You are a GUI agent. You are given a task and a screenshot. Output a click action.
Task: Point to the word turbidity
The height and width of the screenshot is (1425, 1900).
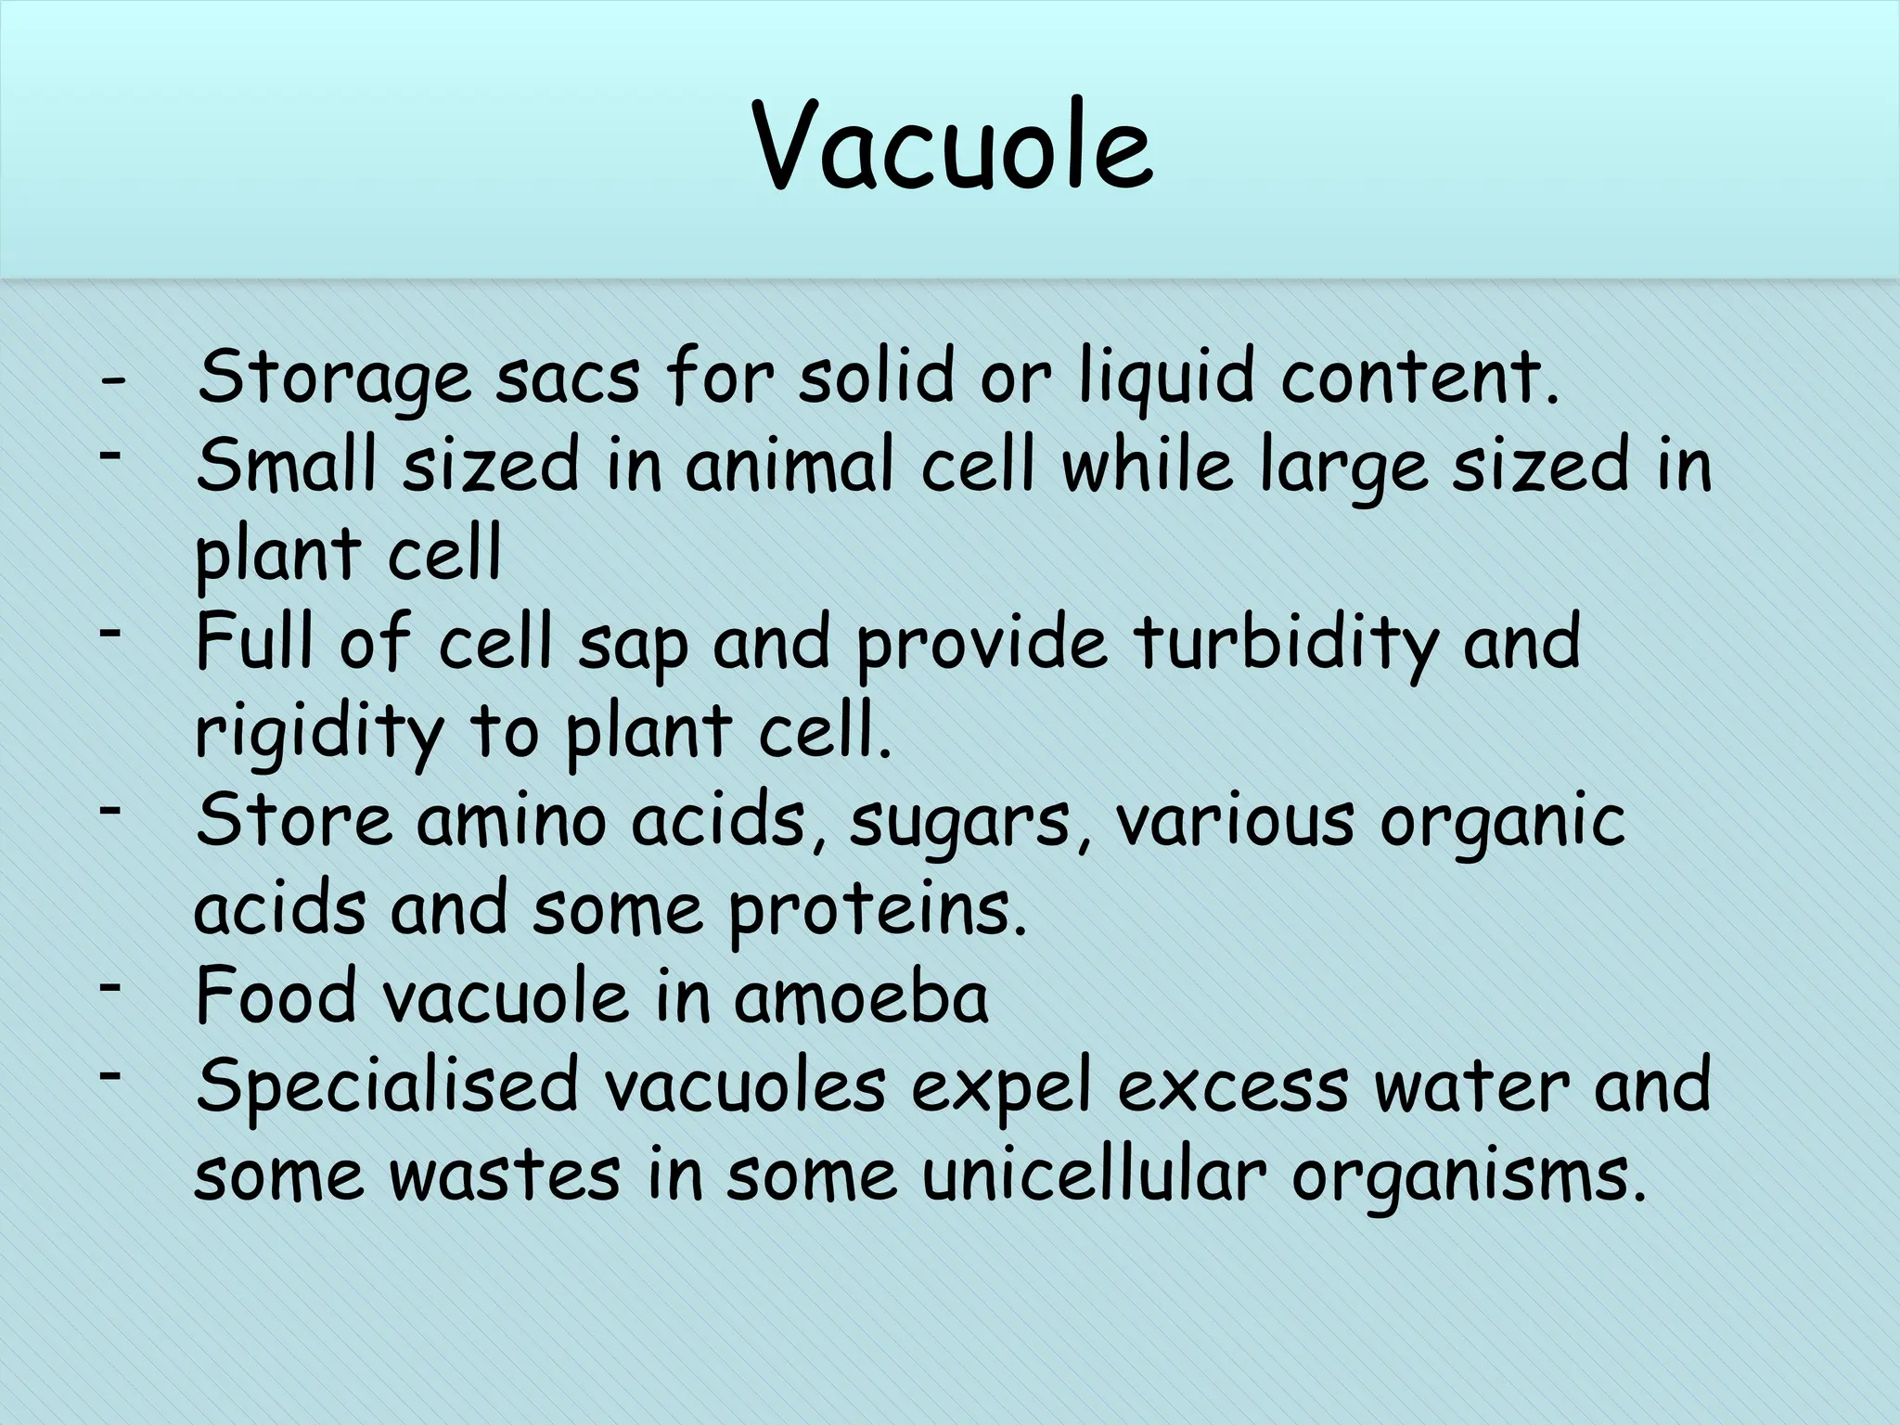1288,643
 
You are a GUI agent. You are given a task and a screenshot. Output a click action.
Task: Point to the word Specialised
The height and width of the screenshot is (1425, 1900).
387,1085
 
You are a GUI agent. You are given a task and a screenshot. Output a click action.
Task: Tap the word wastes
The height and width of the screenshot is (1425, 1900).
505,1175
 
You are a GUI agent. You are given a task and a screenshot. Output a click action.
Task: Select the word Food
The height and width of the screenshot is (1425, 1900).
277,997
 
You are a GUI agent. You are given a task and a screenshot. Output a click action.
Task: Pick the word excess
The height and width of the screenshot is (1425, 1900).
1232,1086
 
